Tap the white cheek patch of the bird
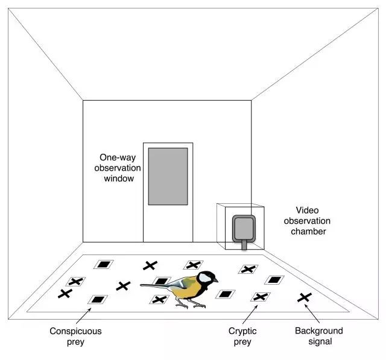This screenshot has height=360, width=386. click(x=205, y=277)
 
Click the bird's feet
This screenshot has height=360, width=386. click(x=191, y=305)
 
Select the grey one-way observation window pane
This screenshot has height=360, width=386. click(x=168, y=176)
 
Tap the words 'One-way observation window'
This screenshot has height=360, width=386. click(x=118, y=168)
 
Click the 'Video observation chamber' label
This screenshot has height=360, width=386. click(x=307, y=221)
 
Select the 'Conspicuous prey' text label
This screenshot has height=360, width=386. click(x=75, y=336)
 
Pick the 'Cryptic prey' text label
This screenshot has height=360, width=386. click(x=242, y=336)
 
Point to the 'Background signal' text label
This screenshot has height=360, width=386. click(x=319, y=336)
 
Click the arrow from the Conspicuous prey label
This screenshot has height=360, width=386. click(x=84, y=316)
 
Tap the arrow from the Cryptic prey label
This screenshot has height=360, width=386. click(x=250, y=315)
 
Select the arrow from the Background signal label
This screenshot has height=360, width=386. click(x=312, y=314)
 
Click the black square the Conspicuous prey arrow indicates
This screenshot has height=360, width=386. click(x=98, y=300)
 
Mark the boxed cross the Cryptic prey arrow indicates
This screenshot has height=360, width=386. click(x=261, y=297)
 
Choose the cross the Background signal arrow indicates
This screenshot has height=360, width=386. click(x=305, y=297)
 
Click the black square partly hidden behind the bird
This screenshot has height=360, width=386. click(x=161, y=281)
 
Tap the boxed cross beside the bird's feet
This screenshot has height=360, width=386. click(x=159, y=300)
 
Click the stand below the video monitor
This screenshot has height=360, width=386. click(x=244, y=245)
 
